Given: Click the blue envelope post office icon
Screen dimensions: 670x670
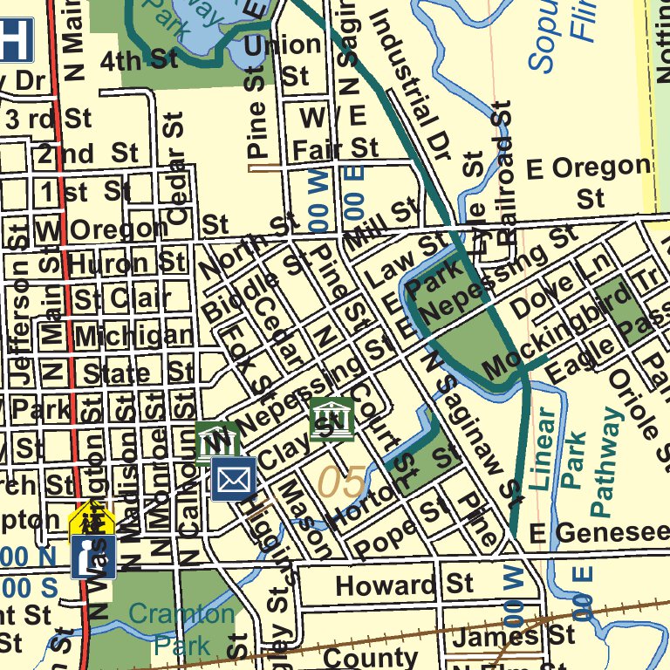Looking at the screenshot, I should [x=234, y=479].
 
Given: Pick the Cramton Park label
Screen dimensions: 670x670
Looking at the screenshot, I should [x=181, y=628].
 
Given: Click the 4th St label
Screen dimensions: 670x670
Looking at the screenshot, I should [x=139, y=60].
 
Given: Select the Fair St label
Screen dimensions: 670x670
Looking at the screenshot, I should [x=335, y=148].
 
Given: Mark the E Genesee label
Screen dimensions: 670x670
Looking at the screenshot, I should [x=598, y=531].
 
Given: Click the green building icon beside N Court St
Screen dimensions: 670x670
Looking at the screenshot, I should [x=332, y=420].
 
